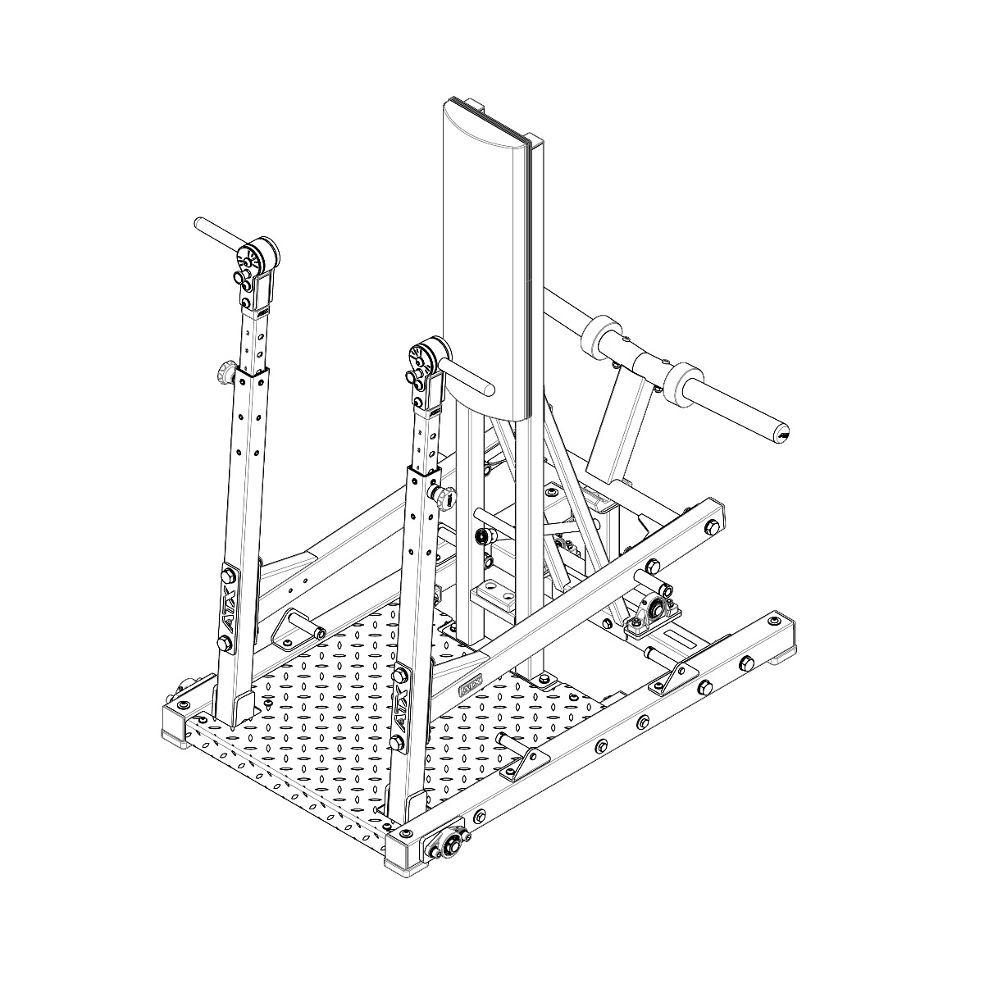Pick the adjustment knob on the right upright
pyautogui.click(x=447, y=495)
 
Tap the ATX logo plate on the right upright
pyautogui.click(x=401, y=707)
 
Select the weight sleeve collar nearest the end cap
pyautogui.click(x=684, y=382)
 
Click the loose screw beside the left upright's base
pyautogui.click(x=269, y=704)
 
